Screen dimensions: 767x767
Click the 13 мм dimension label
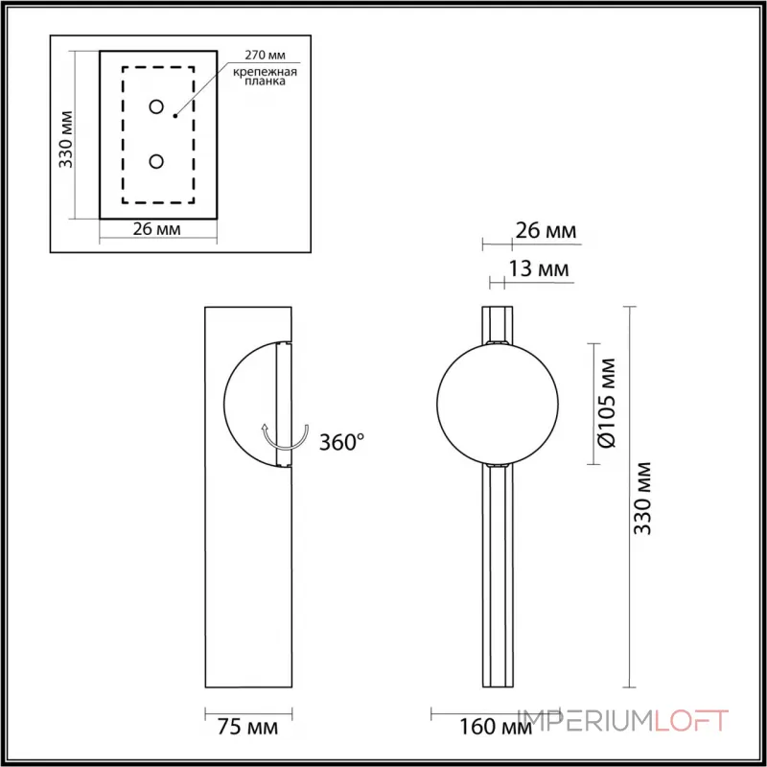click(539, 270)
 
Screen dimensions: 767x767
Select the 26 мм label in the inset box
click(157, 229)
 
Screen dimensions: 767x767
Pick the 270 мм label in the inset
click(263, 58)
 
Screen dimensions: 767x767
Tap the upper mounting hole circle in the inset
click(156, 107)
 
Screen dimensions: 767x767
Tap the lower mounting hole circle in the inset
click(156, 161)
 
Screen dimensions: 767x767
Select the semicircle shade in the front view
click(249, 404)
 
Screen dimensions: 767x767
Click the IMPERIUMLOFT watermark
click(623, 720)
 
